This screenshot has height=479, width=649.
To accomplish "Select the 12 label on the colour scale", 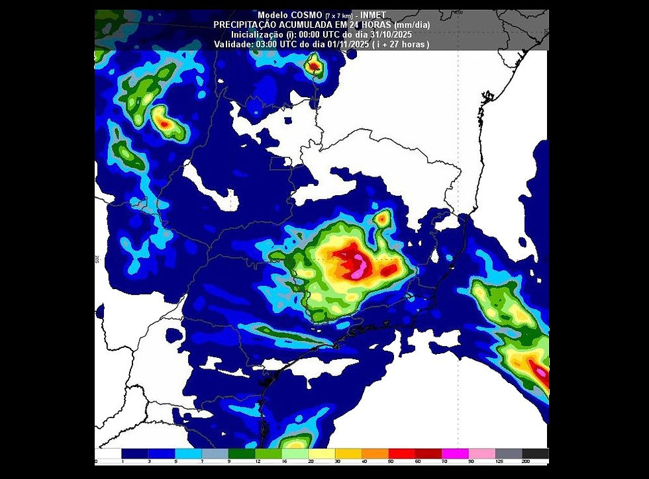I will pyautogui.click(x=257, y=461).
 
